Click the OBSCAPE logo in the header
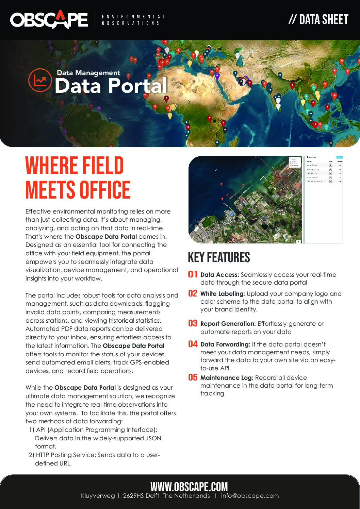click(x=49, y=19)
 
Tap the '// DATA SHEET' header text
click(x=318, y=20)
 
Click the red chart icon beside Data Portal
click(x=40, y=80)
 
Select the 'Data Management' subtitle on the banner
click(x=88, y=73)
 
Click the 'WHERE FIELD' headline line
click(x=75, y=166)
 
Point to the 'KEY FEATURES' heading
click(x=219, y=257)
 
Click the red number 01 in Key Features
click(x=193, y=274)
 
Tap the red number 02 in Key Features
click(x=193, y=293)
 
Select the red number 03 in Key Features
click(x=193, y=323)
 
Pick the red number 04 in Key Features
click(x=193, y=344)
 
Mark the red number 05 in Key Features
click(x=193, y=377)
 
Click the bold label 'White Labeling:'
click(x=223, y=294)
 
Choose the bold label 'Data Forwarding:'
click(x=225, y=344)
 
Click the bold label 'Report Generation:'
click(x=228, y=324)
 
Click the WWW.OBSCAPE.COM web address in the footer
click(x=189, y=487)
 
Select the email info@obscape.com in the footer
click(x=250, y=496)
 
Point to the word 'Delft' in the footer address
click(x=152, y=496)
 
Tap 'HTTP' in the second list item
click(x=43, y=455)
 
